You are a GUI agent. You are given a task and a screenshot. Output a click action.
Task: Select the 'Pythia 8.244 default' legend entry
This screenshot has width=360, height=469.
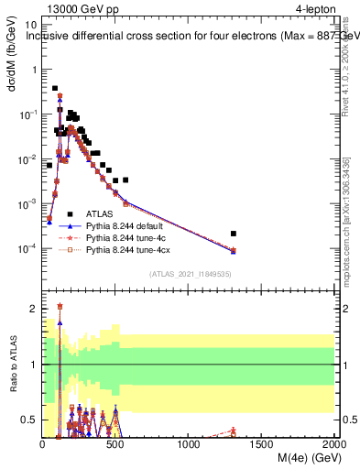click(127, 224)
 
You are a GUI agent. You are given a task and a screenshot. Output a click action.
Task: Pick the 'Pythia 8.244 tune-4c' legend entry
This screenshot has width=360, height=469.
click(127, 236)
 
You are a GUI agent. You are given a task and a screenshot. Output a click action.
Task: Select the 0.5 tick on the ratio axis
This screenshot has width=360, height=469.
click(27, 420)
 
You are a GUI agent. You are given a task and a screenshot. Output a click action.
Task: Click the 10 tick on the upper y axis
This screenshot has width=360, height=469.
click(29, 26)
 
